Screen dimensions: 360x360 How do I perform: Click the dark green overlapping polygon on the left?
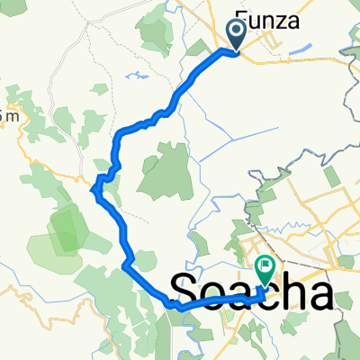(63, 229)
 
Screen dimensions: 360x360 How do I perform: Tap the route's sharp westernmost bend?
(95, 187)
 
